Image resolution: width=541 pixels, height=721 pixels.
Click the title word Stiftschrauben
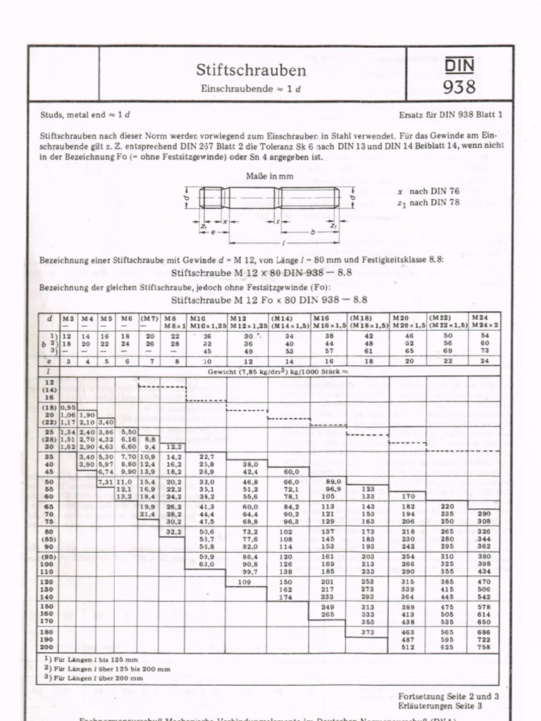click(x=251, y=70)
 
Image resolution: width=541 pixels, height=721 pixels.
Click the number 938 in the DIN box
click(x=459, y=87)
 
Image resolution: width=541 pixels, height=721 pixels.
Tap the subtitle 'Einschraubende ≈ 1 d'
click(x=251, y=89)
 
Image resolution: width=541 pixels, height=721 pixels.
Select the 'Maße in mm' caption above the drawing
click(x=269, y=176)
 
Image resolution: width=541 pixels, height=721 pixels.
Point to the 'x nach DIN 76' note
click(x=428, y=191)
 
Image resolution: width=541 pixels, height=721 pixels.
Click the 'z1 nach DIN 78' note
click(x=428, y=203)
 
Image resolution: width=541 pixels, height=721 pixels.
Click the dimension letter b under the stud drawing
click(x=312, y=230)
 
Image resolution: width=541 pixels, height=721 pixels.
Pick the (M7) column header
click(x=149, y=318)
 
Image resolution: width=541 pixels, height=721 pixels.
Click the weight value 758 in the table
click(x=484, y=646)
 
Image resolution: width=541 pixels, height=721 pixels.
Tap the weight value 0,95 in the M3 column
click(x=68, y=407)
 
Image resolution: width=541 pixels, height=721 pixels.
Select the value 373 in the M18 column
click(x=368, y=632)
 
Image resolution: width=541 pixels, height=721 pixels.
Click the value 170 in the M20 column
click(x=409, y=495)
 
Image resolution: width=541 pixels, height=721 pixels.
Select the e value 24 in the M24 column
click(x=484, y=360)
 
